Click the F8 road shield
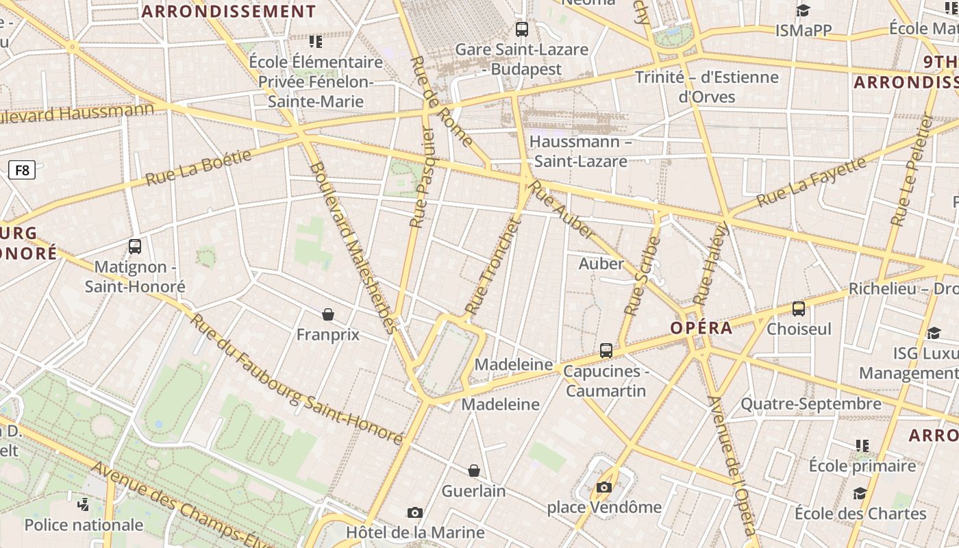tap(23, 170)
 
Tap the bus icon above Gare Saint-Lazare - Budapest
tap(522, 29)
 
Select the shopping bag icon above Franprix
tap(328, 314)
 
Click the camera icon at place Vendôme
tap(603, 487)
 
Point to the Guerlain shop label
tap(473, 491)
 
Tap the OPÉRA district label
tap(701, 328)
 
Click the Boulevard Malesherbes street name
tap(353, 247)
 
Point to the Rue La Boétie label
tap(199, 167)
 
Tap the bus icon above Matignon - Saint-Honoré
tap(135, 247)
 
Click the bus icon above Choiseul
tap(799, 309)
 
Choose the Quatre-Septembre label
tap(811, 404)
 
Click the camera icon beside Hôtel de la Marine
tap(414, 513)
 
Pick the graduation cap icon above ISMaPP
tap(803, 11)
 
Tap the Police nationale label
tap(84, 525)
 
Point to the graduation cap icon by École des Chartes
tap(860, 494)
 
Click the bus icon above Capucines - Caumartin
tap(606, 351)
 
